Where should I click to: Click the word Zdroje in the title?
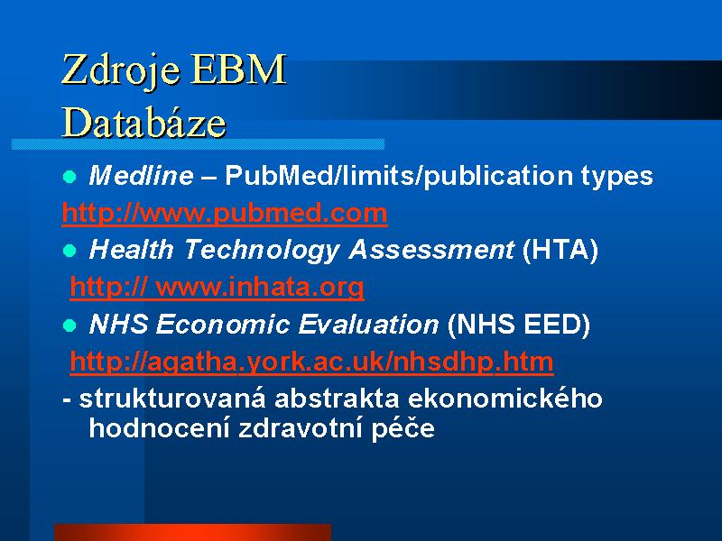pos(120,70)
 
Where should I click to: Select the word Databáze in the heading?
pos(143,122)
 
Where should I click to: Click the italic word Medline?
pos(141,175)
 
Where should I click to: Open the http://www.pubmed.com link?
pos(225,213)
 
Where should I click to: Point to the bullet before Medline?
pos(69,176)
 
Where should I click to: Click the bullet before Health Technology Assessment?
pos(69,251)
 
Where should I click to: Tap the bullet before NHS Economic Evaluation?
pos(69,326)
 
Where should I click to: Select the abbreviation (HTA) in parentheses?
pos(560,250)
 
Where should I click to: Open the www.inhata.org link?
pos(217,288)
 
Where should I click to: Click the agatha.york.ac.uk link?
pos(311,362)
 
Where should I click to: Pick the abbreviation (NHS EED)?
pos(518,325)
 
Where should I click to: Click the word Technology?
pos(261,251)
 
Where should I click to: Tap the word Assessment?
pos(431,250)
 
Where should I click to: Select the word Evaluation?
pos(368,325)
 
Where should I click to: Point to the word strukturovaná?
pos(172,399)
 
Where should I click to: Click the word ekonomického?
pos(505,399)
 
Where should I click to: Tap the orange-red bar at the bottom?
pos(192,532)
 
